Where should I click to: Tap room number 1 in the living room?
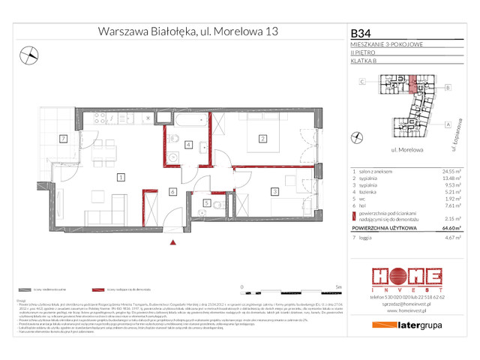point(120,177)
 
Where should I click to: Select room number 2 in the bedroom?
point(262,138)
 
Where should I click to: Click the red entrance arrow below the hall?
point(173,241)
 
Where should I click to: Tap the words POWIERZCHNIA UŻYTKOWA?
point(383,225)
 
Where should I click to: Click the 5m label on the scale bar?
point(340,287)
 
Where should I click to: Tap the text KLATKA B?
point(364,60)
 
